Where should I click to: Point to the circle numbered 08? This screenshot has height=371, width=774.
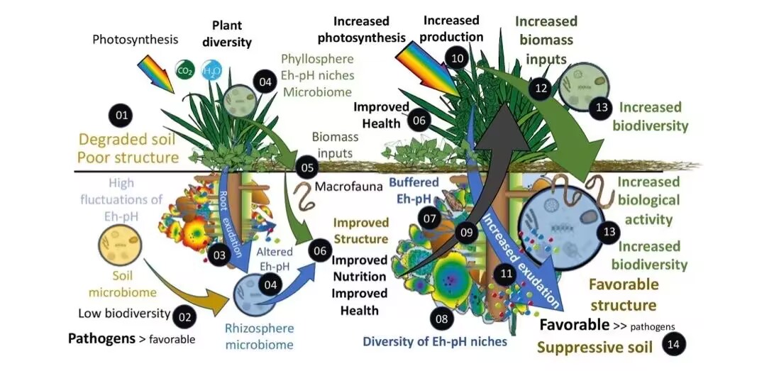point(442,319)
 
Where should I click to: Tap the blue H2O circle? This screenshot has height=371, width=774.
point(211,71)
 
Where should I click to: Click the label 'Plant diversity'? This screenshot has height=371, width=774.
point(227,34)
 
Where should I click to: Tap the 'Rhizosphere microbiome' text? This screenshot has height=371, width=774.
point(259,336)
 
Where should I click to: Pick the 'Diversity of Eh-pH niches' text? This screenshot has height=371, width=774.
point(435,341)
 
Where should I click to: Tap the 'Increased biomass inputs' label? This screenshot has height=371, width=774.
point(546,39)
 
